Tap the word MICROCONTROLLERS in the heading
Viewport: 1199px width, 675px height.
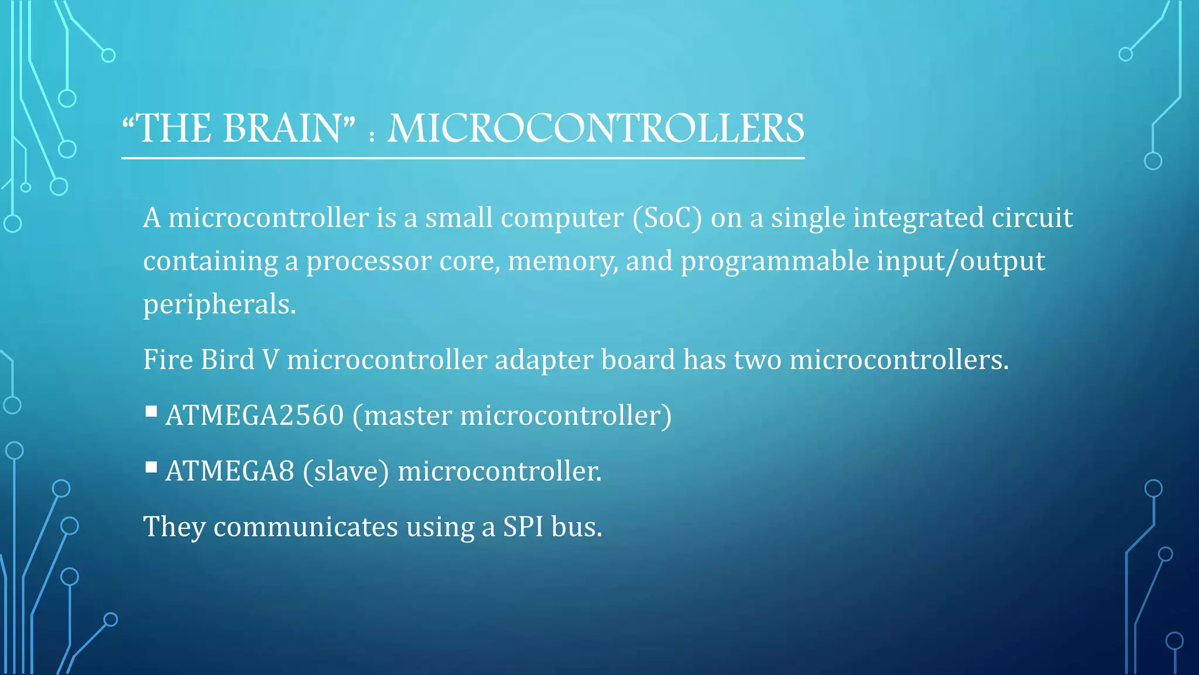[596, 128]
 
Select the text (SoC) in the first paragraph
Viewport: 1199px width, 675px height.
[667, 218]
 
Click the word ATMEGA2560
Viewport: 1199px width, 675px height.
[255, 415]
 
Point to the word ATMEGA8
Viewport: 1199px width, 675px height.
[229, 471]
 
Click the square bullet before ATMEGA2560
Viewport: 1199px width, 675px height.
[151, 411]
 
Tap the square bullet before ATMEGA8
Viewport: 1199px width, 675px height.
[151, 467]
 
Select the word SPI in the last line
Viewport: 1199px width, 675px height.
[523, 526]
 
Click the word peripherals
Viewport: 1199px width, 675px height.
[220, 304]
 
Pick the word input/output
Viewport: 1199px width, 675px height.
[960, 261]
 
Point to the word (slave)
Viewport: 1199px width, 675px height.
[345, 471]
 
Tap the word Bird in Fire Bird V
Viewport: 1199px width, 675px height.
[227, 359]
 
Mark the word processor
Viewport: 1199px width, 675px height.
[368, 261]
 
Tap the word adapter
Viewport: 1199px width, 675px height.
[544, 359]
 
